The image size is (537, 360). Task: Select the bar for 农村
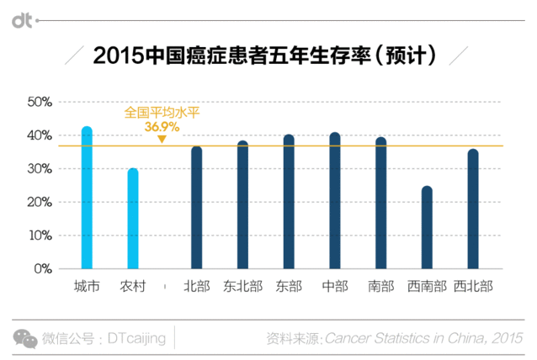coord(133,219)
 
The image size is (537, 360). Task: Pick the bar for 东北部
coord(242,205)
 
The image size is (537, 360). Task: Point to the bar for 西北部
coord(473,209)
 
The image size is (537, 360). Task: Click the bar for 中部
coord(335,201)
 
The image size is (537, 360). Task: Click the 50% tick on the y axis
coord(40,102)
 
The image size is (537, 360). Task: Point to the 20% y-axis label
coord(40,203)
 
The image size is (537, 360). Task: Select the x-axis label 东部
coord(289,287)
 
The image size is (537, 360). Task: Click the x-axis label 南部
coord(380,287)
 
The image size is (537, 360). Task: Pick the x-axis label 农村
coord(133,287)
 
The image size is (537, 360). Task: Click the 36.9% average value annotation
coord(162,126)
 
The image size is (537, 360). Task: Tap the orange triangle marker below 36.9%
coord(162,138)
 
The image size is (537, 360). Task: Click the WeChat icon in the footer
coord(24,337)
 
